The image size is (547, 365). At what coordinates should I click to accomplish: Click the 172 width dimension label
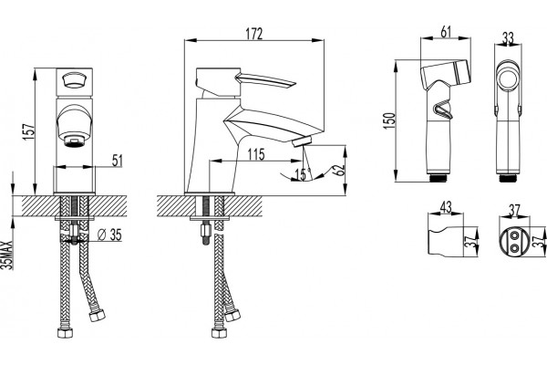point(254,34)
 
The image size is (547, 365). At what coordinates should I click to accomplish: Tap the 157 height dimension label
point(28,131)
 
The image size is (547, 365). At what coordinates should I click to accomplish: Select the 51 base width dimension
point(118,161)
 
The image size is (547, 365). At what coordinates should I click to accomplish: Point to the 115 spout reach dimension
point(256,154)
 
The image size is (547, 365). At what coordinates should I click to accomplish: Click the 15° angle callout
point(303,174)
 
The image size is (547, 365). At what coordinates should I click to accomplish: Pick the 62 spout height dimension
point(339,170)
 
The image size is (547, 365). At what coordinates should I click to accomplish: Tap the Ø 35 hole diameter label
point(109,235)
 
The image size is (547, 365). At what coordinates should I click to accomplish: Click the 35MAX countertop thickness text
point(7,255)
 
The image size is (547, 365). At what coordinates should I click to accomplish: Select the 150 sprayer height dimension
point(389,120)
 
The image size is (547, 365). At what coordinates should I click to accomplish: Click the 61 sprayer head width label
point(446,32)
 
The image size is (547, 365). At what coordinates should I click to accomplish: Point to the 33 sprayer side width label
point(508,37)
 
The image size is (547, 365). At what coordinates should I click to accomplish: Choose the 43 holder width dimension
point(446,207)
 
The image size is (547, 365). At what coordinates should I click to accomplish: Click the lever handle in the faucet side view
point(266,80)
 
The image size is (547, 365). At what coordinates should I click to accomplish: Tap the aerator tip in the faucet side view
point(303,141)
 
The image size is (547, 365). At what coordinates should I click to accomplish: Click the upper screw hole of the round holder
point(514,236)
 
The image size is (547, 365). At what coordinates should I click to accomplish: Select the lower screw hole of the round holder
point(514,247)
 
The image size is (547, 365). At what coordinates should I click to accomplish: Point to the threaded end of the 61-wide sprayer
point(439,177)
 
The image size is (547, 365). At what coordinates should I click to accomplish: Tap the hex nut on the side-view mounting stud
point(205,231)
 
